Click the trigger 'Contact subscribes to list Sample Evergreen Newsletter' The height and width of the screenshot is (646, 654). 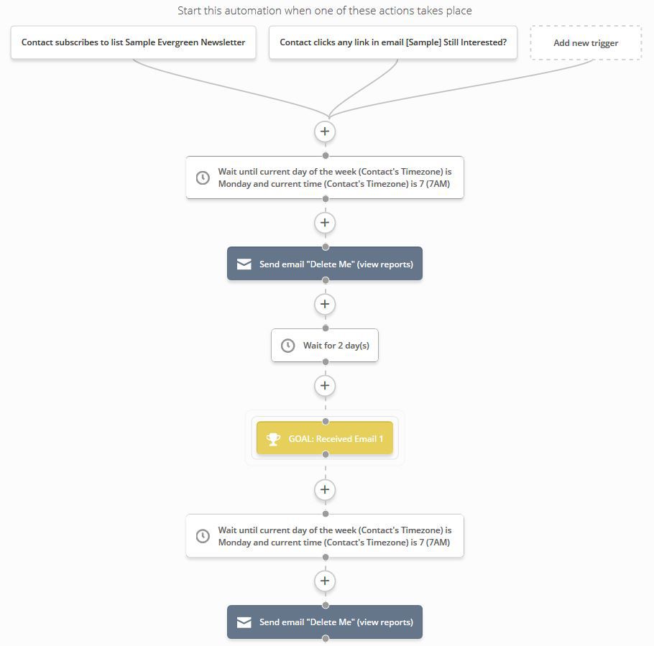tap(133, 42)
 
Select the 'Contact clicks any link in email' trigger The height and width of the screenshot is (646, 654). tap(393, 42)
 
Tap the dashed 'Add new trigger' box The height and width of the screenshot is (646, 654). tap(586, 42)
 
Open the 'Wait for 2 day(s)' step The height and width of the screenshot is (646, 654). tap(325, 346)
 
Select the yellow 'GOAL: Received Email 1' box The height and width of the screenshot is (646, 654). tap(325, 438)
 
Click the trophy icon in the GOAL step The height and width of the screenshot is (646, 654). tap(273, 439)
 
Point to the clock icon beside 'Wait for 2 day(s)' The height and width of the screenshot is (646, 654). tap(287, 346)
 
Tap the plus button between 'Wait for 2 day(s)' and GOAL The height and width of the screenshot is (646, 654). tap(325, 385)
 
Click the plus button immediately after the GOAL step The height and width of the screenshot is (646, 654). tap(325, 489)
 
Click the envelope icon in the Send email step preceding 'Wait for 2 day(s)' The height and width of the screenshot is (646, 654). tap(244, 264)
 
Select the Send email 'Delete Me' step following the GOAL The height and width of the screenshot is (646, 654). tap(325, 622)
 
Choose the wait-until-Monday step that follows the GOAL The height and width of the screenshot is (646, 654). tap(325, 536)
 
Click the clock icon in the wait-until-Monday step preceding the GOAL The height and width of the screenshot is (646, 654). tap(203, 177)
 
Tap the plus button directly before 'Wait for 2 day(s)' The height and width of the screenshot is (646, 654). tap(325, 304)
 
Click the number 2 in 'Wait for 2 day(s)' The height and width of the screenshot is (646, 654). tap(341, 346)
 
